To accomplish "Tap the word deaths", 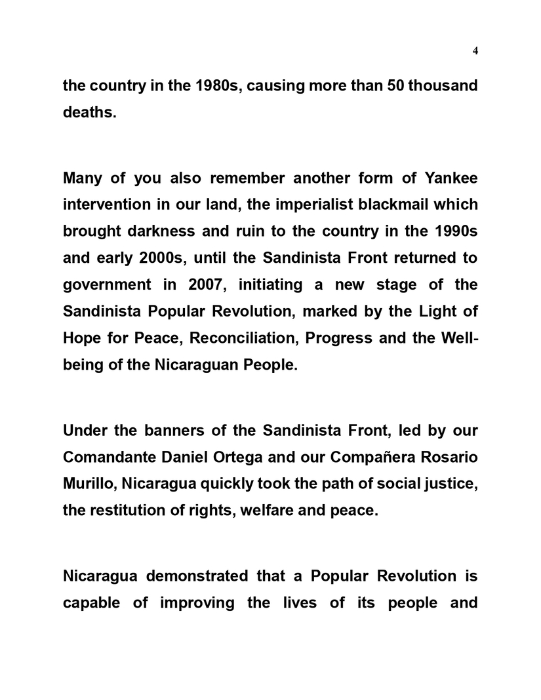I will coord(89,112).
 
